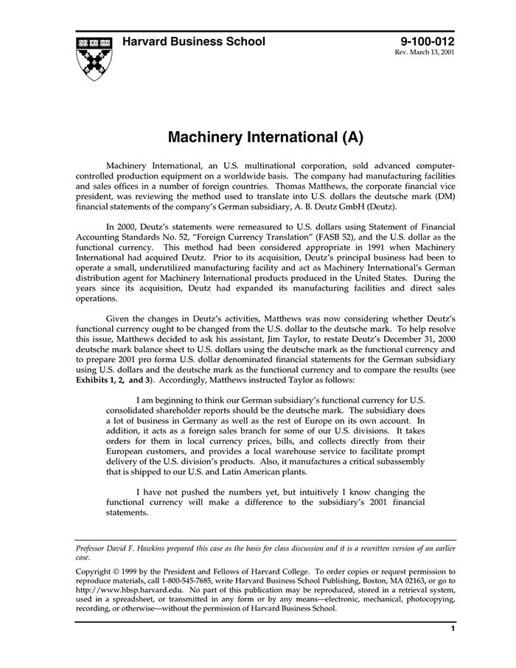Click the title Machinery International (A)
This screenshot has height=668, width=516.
255,137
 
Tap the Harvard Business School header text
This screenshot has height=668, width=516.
194,42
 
